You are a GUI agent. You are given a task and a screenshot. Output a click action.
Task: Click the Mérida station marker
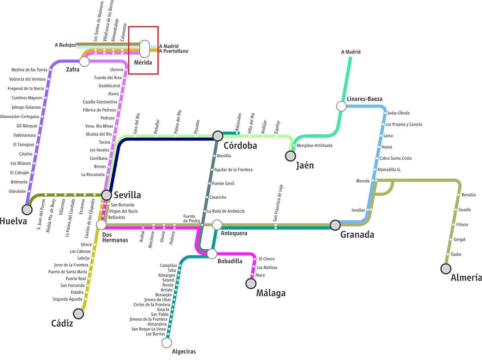coord(145,49)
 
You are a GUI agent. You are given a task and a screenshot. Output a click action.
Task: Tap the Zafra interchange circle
coord(84,61)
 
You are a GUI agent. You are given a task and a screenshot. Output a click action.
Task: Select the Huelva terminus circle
coord(27,209)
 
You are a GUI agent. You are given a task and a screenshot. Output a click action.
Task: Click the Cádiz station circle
coord(79,313)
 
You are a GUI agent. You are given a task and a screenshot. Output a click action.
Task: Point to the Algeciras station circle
coord(167,343)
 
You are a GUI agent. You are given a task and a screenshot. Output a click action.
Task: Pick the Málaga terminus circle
coord(251,284)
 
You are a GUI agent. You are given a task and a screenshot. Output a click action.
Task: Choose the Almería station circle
coord(445,268)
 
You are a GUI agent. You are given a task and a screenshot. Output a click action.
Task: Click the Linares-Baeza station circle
coord(341,106)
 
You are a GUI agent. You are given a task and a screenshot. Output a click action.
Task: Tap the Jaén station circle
coord(290,155)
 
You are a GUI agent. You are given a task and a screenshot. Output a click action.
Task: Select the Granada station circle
coord(335,225)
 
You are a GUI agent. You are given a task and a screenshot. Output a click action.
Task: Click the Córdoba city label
coord(240,145)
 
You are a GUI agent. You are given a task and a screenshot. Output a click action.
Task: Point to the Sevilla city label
coord(127,195)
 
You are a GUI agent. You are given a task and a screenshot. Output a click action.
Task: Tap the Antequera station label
coord(234,233)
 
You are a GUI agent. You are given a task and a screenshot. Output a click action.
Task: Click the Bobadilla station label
coord(230,261)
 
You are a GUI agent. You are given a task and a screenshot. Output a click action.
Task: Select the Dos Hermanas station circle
coord(101,225)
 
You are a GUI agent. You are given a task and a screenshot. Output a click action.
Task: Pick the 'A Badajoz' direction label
coord(65,45)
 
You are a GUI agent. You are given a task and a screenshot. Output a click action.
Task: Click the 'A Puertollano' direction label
coord(174,51)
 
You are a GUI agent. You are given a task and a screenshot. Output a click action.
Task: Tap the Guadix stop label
coord(465,209)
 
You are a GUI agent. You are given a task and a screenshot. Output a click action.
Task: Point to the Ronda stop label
coord(168,285)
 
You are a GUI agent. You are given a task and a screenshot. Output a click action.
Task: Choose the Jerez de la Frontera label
coord(71,265)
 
